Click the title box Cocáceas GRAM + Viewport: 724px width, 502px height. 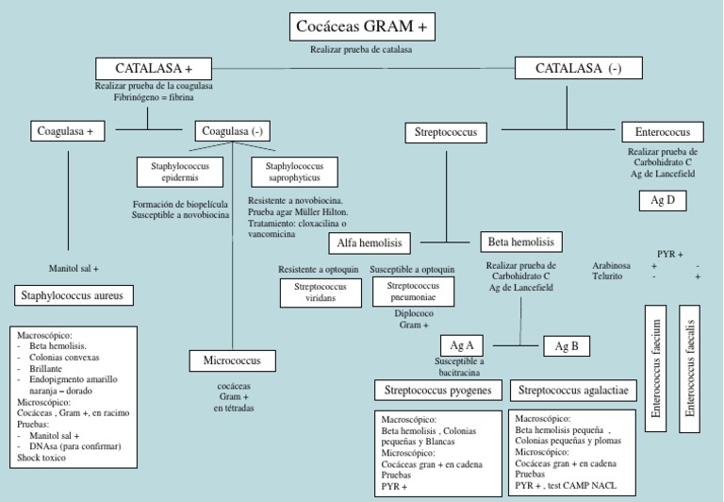pos(362,27)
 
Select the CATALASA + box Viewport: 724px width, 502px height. pos(154,69)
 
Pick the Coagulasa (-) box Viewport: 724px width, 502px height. pos(232,131)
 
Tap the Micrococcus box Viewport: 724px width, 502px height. pos(232,360)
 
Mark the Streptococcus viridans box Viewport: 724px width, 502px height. pos(321,293)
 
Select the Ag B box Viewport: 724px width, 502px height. pos(567,346)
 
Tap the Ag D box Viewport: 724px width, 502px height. pos(663,200)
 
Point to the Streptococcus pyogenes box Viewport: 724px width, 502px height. pos(439,390)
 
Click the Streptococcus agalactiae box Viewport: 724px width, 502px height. pos(573,390)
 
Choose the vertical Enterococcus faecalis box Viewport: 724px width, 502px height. pos(690,368)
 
